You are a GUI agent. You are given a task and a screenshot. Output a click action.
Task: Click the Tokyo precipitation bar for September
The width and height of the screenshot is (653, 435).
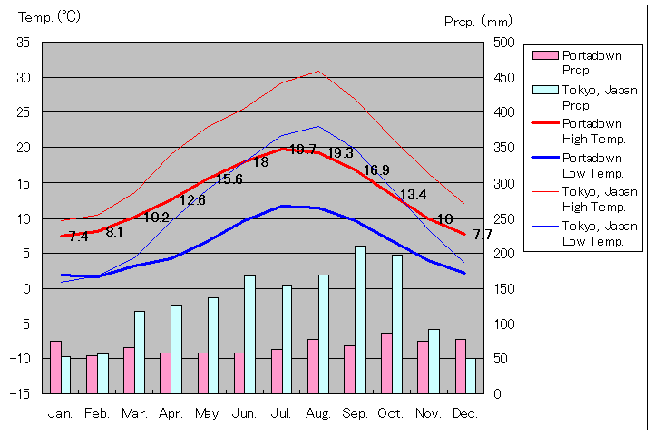360,319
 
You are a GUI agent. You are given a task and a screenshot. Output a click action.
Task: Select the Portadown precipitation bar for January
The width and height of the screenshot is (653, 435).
55,367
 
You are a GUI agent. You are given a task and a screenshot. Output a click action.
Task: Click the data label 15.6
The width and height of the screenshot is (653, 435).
229,179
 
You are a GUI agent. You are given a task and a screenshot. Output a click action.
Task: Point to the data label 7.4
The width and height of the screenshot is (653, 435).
78,237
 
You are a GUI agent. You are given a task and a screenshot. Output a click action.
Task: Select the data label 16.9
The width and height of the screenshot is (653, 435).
376,170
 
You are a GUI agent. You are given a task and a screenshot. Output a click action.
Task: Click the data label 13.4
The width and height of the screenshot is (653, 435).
413,195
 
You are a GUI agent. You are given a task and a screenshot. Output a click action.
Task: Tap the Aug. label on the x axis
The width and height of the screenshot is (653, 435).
317,413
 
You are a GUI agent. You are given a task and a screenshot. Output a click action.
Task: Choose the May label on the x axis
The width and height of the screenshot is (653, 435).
207,413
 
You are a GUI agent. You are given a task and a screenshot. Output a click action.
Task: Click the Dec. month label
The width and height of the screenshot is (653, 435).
464,413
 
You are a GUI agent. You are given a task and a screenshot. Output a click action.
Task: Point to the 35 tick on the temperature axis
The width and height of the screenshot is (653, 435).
24,43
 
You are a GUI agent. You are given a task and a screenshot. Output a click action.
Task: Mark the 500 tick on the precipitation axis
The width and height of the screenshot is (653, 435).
505,43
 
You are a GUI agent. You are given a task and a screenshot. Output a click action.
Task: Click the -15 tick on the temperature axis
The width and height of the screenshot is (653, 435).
21,393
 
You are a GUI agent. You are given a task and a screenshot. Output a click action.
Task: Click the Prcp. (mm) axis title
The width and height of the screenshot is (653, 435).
478,21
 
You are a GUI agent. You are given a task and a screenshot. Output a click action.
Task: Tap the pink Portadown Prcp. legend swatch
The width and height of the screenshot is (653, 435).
544,56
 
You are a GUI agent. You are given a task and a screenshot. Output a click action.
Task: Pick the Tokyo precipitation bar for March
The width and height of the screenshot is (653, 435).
140,352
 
